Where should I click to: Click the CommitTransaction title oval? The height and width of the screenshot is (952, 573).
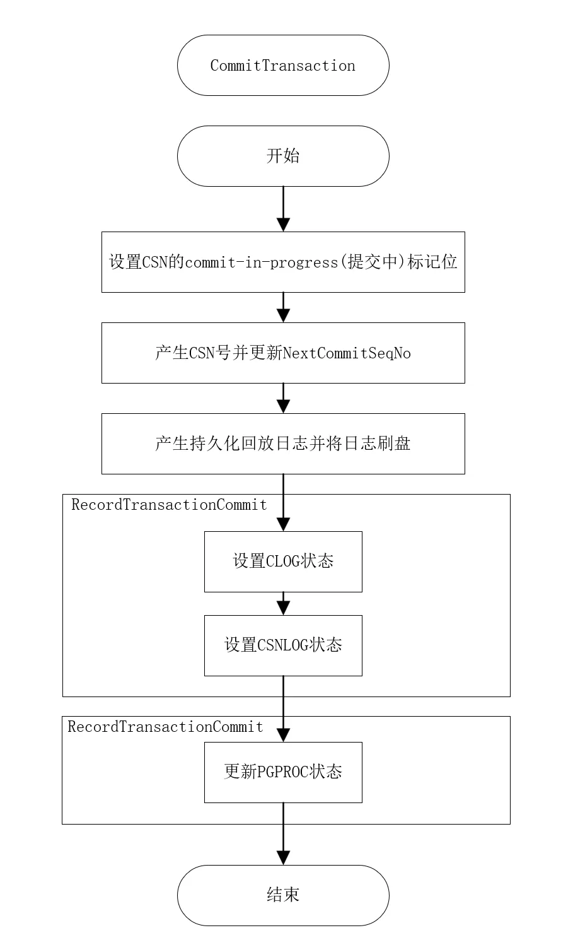283,66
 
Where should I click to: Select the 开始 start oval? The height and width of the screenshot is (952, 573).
283,156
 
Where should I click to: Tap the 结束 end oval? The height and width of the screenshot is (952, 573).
283,895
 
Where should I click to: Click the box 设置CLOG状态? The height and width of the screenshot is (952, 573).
283,561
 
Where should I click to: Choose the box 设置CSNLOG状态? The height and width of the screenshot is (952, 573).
283,645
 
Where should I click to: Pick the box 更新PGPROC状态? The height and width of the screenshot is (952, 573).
283,772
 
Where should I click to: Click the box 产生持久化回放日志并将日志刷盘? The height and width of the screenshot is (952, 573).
283,444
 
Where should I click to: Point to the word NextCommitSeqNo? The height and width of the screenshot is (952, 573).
347,353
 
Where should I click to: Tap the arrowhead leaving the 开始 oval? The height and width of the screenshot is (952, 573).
283,225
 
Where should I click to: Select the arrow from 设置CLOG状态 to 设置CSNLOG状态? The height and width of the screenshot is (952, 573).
283,604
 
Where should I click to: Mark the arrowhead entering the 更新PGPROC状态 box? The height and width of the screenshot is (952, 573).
283,735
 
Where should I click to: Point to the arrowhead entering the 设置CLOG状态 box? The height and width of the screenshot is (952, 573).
283,524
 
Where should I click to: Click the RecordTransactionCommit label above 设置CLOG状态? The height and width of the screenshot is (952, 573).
169,505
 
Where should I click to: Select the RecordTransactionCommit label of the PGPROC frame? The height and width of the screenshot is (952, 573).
165,727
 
